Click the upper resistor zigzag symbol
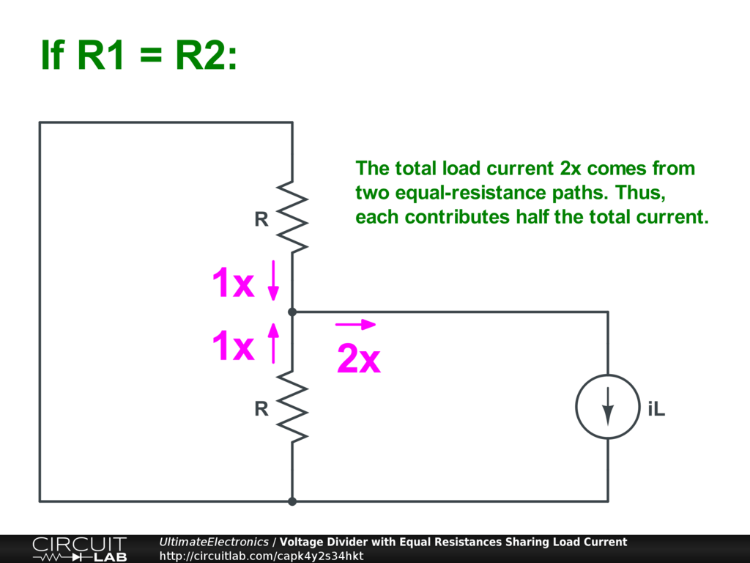(x=292, y=216)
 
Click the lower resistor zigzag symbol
(x=292, y=406)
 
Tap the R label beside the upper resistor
(x=261, y=219)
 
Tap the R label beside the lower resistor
(x=261, y=409)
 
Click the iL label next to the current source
(x=656, y=409)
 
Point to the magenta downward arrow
(x=273, y=281)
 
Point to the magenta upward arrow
(x=273, y=343)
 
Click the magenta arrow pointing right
(x=355, y=325)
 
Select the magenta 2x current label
(x=359, y=358)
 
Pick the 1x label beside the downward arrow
(x=233, y=282)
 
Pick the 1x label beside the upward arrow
(x=233, y=346)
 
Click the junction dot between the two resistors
(x=292, y=312)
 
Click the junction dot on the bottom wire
(x=292, y=501)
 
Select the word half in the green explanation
(x=532, y=217)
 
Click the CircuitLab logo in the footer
(x=79, y=549)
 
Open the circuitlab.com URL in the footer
(x=261, y=556)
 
